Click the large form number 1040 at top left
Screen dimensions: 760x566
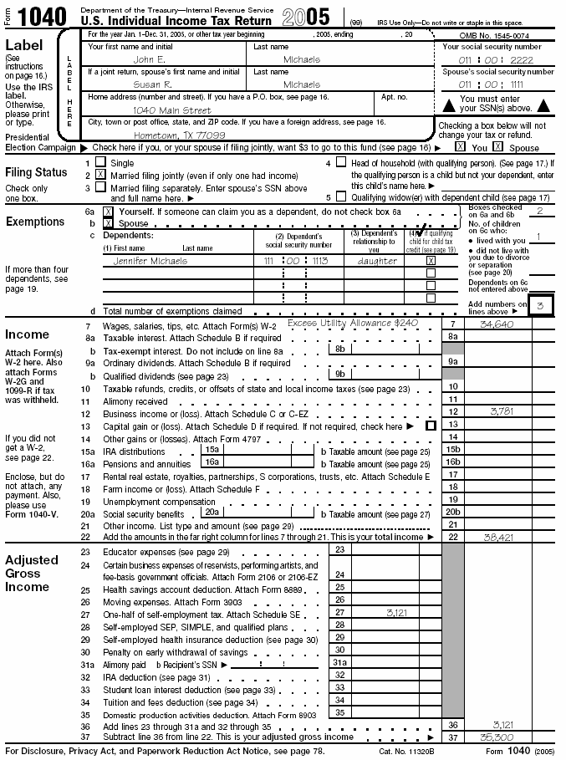pyautogui.click(x=43, y=18)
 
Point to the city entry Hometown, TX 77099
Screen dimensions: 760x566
pyautogui.click(x=180, y=135)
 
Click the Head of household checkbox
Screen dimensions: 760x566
pyautogui.click(x=341, y=162)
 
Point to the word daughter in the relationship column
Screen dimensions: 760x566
pyautogui.click(x=377, y=261)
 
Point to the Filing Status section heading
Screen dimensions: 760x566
pyautogui.click(x=37, y=172)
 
